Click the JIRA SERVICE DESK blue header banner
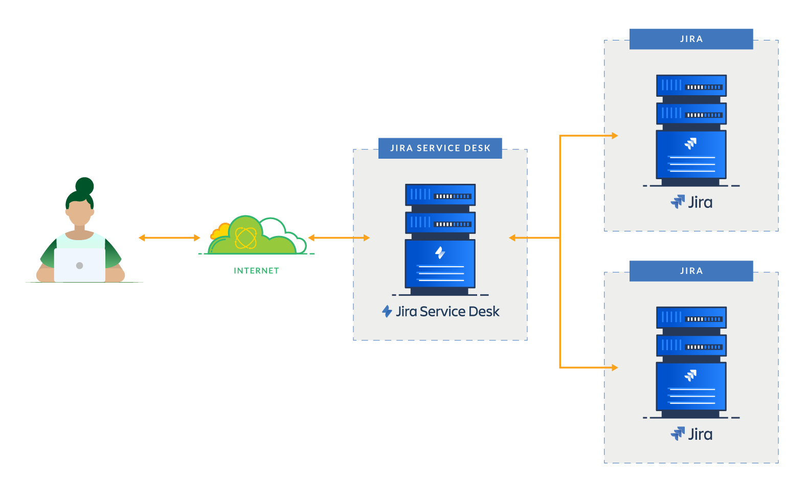440,148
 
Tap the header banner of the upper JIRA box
691,39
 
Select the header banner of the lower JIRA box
691,271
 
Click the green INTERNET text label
256,270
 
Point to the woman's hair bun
85,186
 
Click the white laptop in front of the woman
79,265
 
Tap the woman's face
80,212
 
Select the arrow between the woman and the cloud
169,238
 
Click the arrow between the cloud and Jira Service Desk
339,238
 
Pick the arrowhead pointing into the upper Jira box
615,136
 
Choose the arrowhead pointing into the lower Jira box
615,367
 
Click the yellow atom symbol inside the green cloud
245,238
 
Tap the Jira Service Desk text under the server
447,311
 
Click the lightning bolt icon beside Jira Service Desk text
387,311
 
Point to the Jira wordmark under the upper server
700,202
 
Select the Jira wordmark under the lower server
700,434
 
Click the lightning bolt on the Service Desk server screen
440,252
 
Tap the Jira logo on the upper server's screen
691,143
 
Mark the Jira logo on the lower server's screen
691,375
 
